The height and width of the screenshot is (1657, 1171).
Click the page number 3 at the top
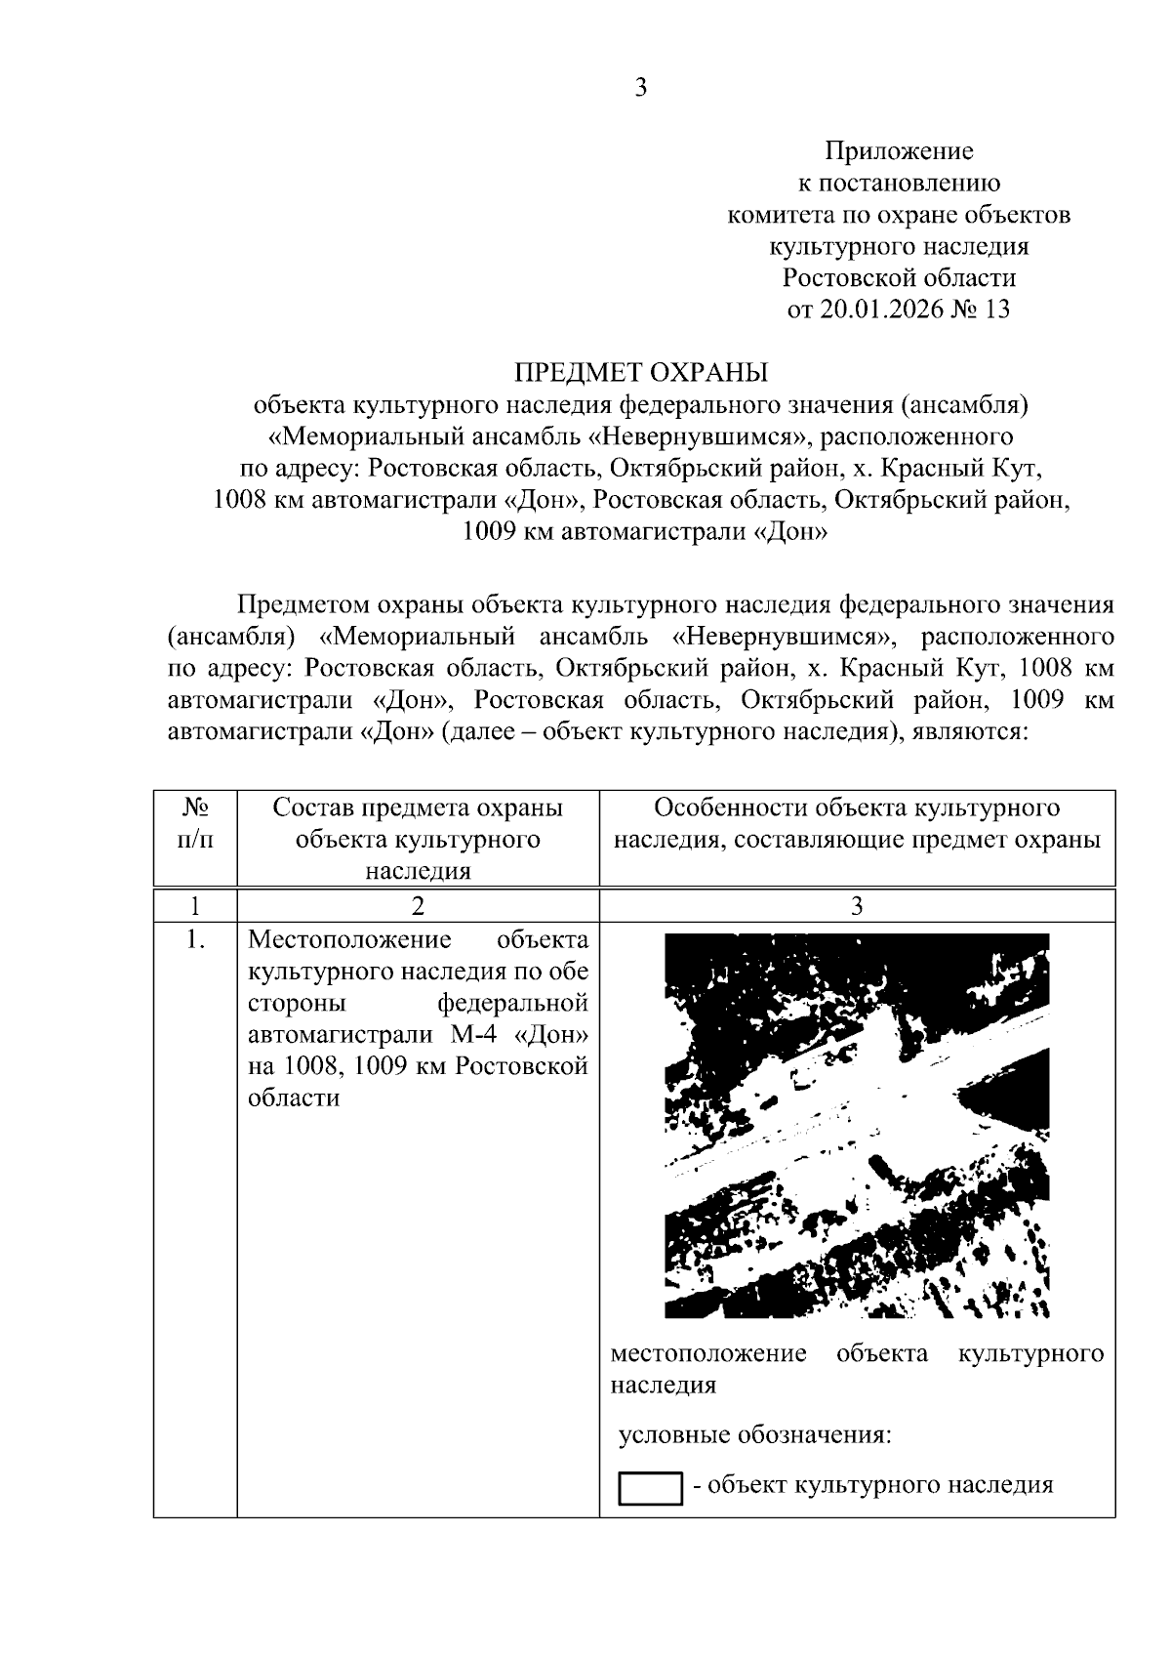640,88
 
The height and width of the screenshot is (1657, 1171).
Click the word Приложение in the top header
899,151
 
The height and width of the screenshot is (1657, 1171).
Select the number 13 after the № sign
997,310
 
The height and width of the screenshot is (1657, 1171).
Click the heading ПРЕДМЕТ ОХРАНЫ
641,372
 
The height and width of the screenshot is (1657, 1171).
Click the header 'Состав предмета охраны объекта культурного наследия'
418,839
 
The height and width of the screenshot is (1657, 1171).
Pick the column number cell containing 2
418,905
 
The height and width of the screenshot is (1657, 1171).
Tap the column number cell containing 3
857,905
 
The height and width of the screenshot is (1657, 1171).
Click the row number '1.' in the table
195,940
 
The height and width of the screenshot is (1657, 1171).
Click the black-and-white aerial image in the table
857,1125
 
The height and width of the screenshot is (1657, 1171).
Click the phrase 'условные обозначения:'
755,1435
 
